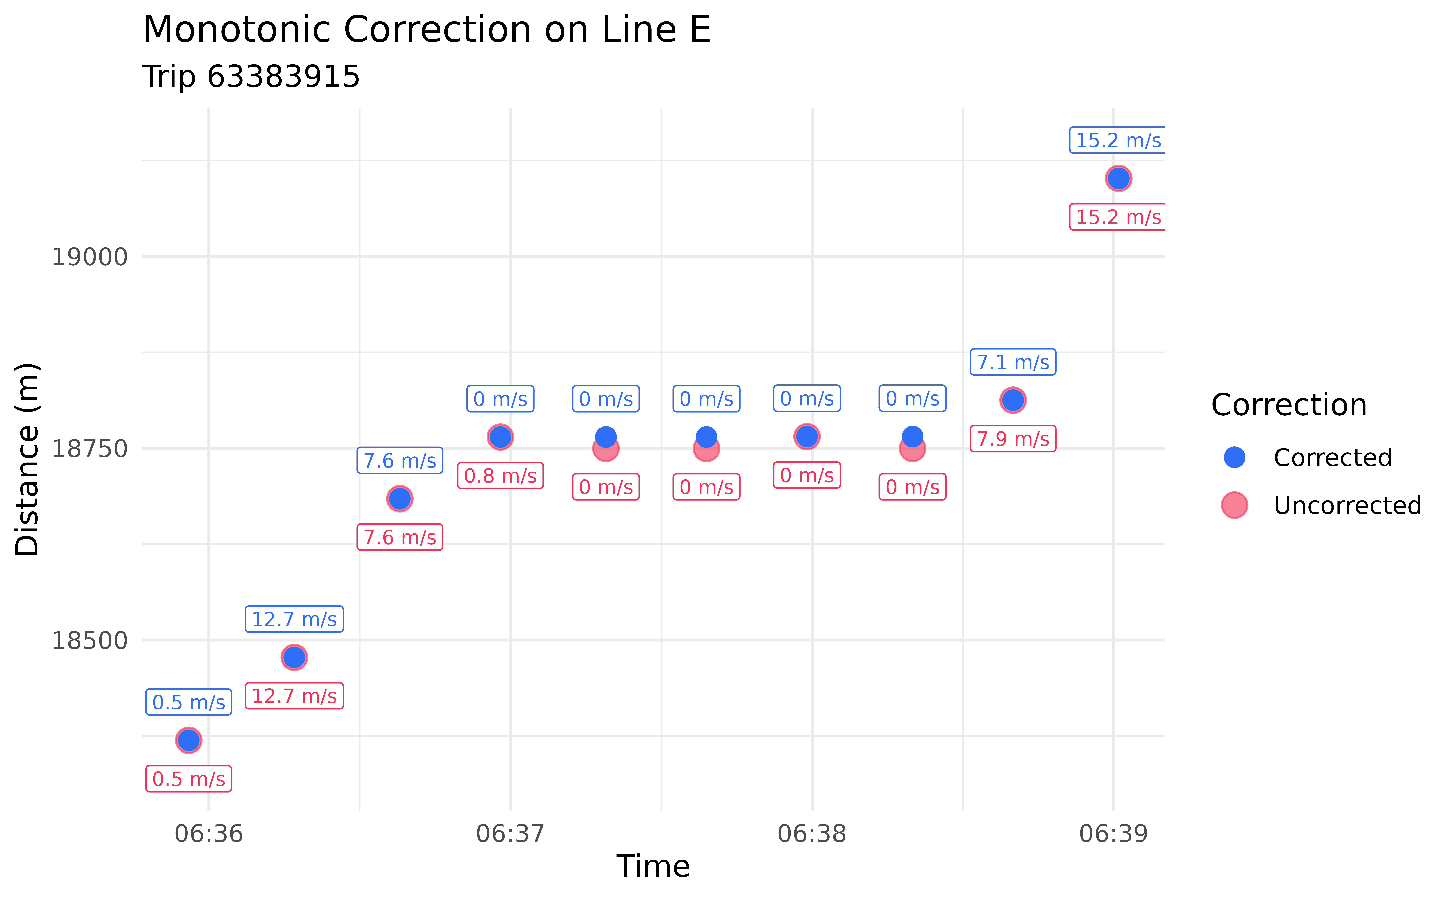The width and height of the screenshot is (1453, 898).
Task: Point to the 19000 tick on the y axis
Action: tap(90, 257)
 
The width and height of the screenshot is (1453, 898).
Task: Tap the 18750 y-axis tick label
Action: tap(90, 449)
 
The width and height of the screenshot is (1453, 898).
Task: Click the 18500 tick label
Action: tap(90, 641)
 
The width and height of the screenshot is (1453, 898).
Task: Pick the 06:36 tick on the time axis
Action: tap(209, 834)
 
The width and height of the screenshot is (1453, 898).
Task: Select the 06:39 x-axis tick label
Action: tap(1114, 834)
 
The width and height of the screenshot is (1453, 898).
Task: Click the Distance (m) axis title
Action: tap(27, 459)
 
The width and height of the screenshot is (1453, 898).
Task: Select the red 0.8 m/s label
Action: tap(500, 476)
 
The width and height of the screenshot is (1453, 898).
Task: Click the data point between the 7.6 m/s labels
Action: tap(400, 499)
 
